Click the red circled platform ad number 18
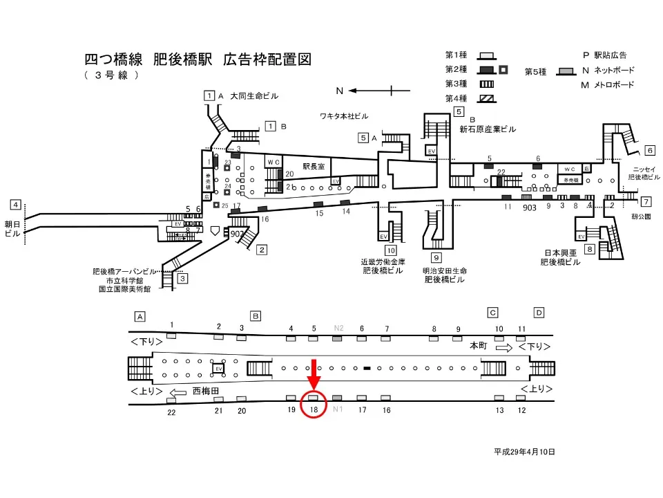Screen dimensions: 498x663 click(314, 409)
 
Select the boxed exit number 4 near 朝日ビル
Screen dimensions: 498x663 click(15, 205)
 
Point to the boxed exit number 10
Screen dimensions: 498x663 click(391, 250)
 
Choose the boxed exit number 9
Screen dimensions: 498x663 click(436, 258)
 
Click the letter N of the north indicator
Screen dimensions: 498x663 click(339, 91)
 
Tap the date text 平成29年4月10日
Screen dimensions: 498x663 click(524, 452)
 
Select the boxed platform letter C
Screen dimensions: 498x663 click(493, 313)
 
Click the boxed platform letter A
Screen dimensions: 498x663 click(140, 316)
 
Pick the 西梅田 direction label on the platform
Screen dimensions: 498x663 click(205, 391)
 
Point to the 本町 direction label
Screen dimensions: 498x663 click(479, 344)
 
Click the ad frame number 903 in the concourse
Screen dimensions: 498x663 click(530, 207)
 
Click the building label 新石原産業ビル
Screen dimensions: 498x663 click(488, 129)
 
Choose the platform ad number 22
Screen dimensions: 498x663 click(171, 412)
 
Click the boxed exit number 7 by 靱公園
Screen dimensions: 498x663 click(646, 202)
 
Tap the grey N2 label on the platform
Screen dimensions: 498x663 click(338, 328)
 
